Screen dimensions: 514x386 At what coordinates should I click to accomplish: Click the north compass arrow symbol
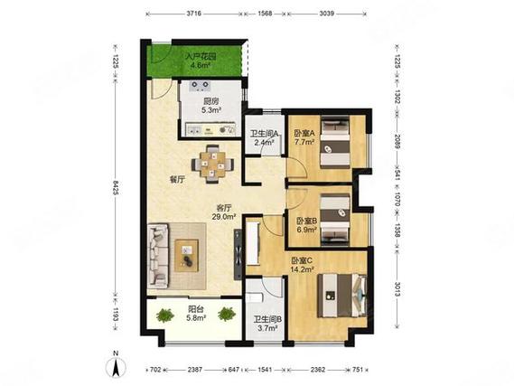(x=116, y=367)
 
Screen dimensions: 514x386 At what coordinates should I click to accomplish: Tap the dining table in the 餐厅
(x=213, y=164)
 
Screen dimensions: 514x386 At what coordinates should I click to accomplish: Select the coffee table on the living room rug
(x=186, y=256)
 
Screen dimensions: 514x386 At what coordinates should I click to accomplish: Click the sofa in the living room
(x=158, y=256)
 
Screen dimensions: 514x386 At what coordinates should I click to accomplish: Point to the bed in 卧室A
(x=335, y=143)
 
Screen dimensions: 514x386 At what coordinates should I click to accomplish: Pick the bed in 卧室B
(x=335, y=219)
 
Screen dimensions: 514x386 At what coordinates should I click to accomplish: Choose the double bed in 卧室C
(x=342, y=296)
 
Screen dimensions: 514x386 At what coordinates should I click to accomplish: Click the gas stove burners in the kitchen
(x=200, y=86)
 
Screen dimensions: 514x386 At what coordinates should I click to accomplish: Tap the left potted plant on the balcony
(x=165, y=315)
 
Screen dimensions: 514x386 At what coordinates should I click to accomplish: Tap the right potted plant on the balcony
(x=227, y=314)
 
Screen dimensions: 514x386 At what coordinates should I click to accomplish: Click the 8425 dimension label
(x=115, y=187)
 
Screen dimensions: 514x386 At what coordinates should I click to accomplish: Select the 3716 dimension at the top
(x=193, y=14)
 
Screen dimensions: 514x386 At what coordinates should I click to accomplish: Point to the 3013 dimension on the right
(x=397, y=289)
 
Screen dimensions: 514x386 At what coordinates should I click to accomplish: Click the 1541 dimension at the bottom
(x=265, y=370)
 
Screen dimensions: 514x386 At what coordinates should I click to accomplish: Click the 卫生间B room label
(x=267, y=319)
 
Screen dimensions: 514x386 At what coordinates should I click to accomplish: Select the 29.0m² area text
(x=225, y=216)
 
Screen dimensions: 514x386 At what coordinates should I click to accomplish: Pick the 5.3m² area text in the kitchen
(x=211, y=110)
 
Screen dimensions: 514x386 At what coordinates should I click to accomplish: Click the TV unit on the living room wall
(x=238, y=255)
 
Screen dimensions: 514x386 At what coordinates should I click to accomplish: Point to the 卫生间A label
(x=264, y=134)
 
